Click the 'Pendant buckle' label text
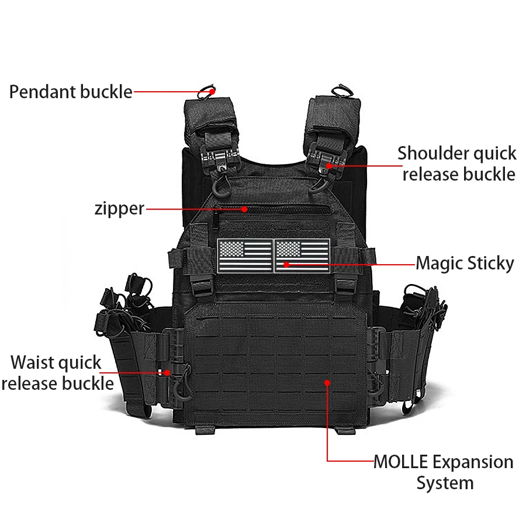(x=71, y=92)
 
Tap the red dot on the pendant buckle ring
(x=212, y=91)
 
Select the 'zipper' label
(x=119, y=209)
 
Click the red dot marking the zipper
(x=245, y=209)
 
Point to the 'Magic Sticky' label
(x=465, y=264)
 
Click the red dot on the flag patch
(x=286, y=265)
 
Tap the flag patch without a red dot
(x=245, y=255)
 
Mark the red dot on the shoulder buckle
(x=329, y=166)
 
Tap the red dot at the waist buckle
(x=167, y=373)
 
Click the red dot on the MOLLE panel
(x=327, y=383)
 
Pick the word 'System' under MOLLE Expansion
(x=445, y=483)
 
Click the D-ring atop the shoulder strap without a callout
(x=342, y=91)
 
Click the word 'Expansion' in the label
(x=473, y=462)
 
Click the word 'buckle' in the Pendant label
(x=106, y=92)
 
